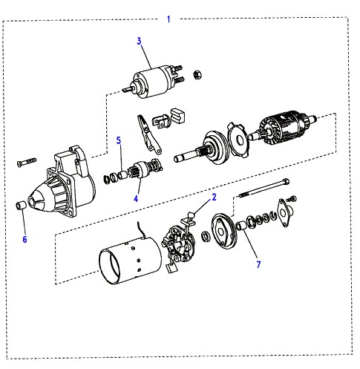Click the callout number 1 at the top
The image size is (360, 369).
tap(168, 19)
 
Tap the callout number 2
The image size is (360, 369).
tap(214, 197)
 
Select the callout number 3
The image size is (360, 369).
tap(139, 41)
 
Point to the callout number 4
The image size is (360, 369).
tap(136, 198)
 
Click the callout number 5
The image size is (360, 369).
tap(119, 140)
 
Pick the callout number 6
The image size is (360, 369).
tap(24, 239)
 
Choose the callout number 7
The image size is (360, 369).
tap(258, 264)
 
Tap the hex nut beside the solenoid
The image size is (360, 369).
tap(197, 74)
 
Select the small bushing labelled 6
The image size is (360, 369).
tap(21, 206)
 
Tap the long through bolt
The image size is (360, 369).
tap(264, 188)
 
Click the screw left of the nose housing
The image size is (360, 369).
tap(27, 162)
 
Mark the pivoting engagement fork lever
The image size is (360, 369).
tap(149, 134)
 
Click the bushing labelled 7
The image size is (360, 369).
tap(240, 226)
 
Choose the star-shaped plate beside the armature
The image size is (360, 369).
tap(239, 140)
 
